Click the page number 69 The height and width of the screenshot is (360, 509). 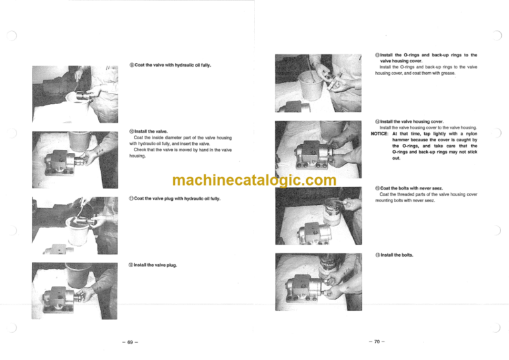[x=130, y=342]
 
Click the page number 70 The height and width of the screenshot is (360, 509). [x=377, y=341]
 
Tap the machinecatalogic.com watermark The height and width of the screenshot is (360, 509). [x=254, y=180]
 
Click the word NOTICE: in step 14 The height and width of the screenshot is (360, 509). [x=380, y=134]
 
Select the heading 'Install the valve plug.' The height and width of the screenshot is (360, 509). [x=156, y=265]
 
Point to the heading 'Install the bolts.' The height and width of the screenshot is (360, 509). [x=397, y=255]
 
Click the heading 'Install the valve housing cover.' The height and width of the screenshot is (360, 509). [x=412, y=121]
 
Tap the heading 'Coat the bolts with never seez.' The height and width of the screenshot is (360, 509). [x=412, y=188]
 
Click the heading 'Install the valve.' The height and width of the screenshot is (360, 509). [x=151, y=131]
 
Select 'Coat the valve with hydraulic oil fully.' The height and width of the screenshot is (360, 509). [x=173, y=65]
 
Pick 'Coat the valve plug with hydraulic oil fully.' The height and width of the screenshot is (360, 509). [x=177, y=198]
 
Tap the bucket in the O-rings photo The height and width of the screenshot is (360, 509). [x=311, y=85]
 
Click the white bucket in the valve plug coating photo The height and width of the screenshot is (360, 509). [x=78, y=231]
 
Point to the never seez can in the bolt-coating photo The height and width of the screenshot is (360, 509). [x=333, y=211]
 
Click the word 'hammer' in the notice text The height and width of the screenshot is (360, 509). [x=400, y=140]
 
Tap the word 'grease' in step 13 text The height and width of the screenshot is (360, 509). [x=447, y=73]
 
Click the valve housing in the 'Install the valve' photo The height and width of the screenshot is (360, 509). [x=61, y=162]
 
